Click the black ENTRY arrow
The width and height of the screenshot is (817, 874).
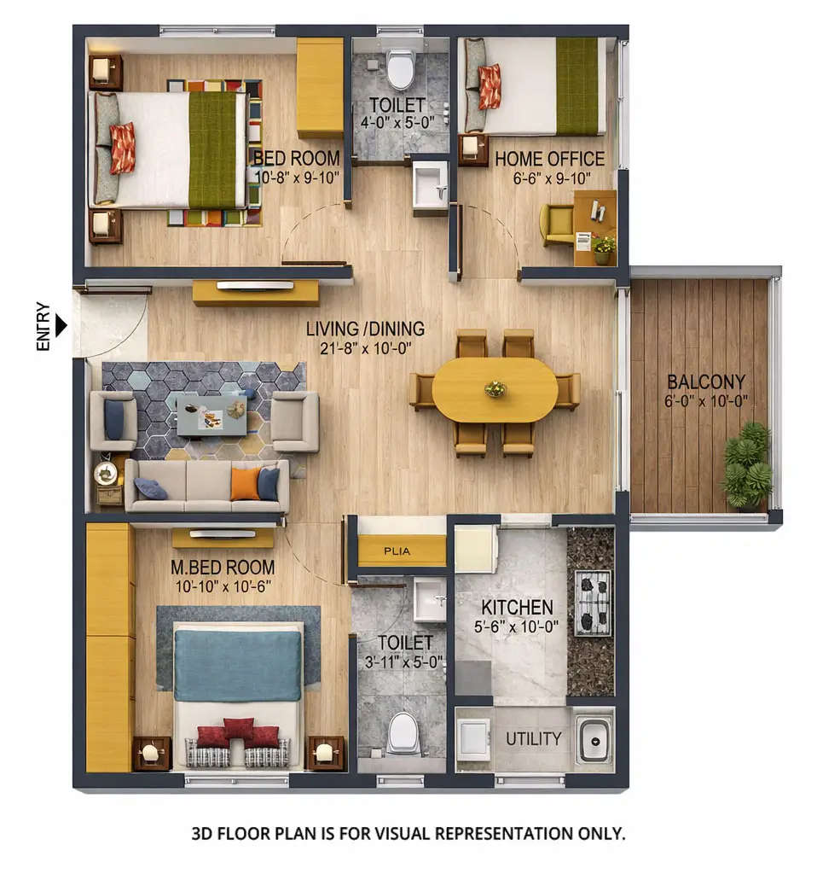tap(61, 325)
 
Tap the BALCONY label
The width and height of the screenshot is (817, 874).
tap(705, 382)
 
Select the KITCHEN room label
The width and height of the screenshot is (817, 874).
tap(517, 607)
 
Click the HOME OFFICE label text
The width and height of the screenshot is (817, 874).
tap(549, 159)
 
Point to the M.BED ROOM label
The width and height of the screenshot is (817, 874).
tap(222, 567)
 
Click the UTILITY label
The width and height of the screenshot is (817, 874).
tap(533, 738)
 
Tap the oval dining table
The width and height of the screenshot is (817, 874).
tap(495, 389)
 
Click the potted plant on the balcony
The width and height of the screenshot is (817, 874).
tap(747, 465)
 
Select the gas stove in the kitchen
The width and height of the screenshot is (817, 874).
tap(593, 603)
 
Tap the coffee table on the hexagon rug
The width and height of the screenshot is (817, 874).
tap(211, 415)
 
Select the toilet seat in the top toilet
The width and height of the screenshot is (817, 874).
tap(400, 69)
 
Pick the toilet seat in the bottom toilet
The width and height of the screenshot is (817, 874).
tap(403, 732)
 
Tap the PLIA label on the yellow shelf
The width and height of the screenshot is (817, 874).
tap(397, 551)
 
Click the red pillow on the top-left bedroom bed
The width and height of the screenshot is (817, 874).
tap(122, 148)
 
